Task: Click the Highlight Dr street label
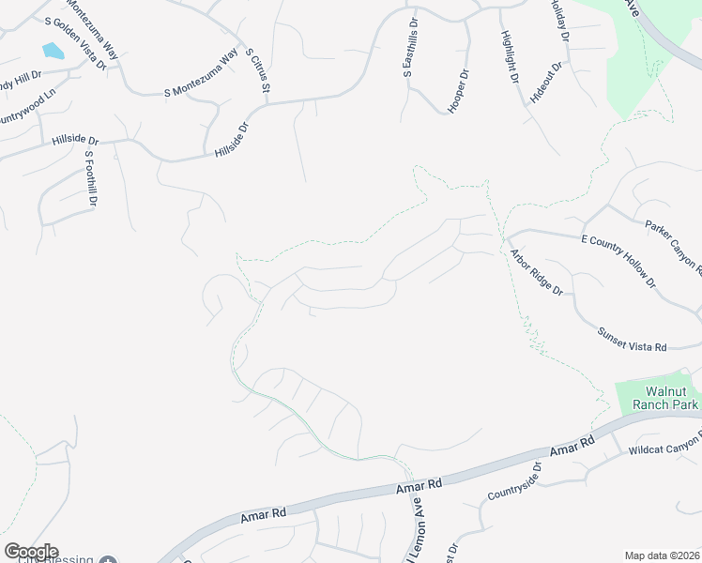pos(510,57)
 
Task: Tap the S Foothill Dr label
pos(91,179)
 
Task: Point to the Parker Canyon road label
pos(674,250)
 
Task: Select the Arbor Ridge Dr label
pos(536,272)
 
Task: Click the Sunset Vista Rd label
pos(632,340)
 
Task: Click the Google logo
pos(31,552)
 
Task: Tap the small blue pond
pos(53,51)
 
